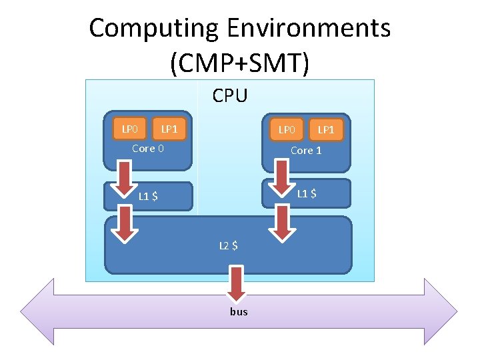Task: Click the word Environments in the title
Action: pyautogui.click(x=309, y=29)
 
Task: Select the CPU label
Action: pyautogui.click(x=230, y=96)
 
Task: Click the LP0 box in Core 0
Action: pyautogui.click(x=129, y=129)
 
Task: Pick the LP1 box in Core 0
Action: pyautogui.click(x=169, y=129)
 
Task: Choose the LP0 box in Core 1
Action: pyautogui.click(x=287, y=129)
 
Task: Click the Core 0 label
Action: pyautogui.click(x=147, y=149)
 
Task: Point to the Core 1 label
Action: pyautogui.click(x=306, y=151)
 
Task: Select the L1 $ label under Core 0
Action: pyautogui.click(x=148, y=196)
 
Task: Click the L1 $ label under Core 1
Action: pyautogui.click(x=306, y=194)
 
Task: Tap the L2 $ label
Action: pyautogui.click(x=229, y=245)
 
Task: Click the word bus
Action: pyautogui.click(x=239, y=311)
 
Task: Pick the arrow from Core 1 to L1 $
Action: pyautogui.click(x=283, y=175)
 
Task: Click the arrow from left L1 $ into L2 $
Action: pyautogui.click(x=125, y=222)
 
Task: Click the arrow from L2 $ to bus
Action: pyautogui.click(x=235, y=283)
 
